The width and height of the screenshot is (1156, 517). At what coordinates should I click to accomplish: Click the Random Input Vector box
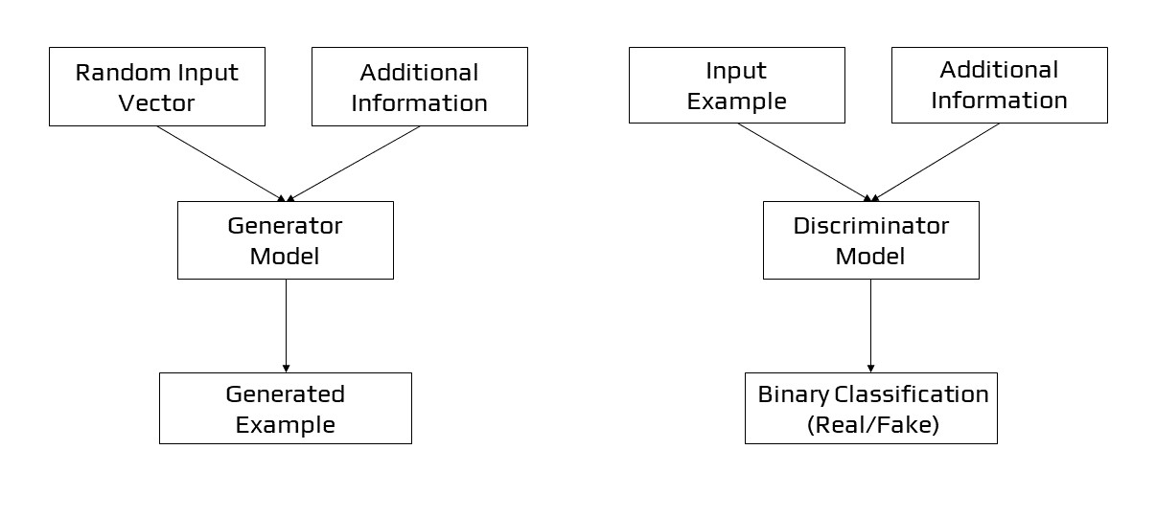(x=156, y=87)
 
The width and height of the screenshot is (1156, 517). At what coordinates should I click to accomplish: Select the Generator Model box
(x=285, y=240)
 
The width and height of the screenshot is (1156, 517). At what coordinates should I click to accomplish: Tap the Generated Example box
(x=285, y=409)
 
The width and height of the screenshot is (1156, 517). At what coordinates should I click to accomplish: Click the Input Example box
(x=736, y=85)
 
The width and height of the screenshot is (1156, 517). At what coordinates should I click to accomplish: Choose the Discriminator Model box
(x=870, y=240)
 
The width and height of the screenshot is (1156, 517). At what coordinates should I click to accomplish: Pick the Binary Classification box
(x=870, y=409)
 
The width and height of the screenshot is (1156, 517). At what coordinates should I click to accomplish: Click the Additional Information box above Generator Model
(x=419, y=87)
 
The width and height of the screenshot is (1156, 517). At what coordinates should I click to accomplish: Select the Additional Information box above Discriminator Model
(x=999, y=85)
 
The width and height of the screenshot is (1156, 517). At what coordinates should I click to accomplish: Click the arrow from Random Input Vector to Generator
(x=220, y=164)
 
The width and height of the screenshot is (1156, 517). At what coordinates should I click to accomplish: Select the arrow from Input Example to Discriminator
(x=803, y=162)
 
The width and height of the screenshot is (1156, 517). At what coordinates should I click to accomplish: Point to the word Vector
(x=156, y=102)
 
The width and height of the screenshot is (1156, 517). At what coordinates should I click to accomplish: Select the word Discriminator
(x=870, y=226)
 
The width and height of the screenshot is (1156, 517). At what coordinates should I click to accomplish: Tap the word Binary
(x=794, y=394)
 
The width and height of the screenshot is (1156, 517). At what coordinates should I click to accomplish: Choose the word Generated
(x=285, y=394)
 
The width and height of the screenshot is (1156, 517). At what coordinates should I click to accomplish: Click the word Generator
(x=285, y=226)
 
